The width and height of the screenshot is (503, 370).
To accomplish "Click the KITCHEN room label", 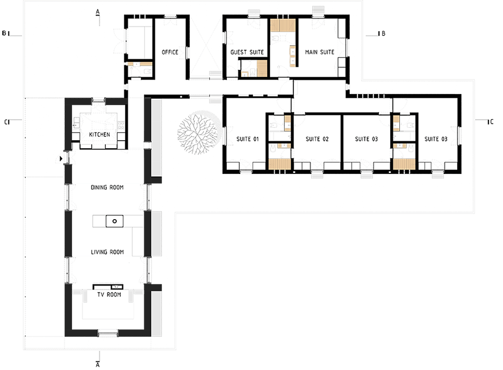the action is point(99,134).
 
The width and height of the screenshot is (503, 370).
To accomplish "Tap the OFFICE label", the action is point(170,52).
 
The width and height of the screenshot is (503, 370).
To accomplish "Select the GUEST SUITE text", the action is point(247,52).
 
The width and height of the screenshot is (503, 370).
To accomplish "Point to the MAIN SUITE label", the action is point(320,52).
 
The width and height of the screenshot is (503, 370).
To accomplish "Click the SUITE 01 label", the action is point(247,139).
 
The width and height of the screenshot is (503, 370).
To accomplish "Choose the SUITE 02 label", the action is point(317,139).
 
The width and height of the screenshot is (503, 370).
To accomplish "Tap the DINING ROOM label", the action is point(107,187).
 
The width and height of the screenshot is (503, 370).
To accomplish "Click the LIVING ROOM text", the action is point(107,252).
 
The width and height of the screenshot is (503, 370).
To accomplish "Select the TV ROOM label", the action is point(110,294).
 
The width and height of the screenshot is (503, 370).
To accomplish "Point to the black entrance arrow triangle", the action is point(61,158).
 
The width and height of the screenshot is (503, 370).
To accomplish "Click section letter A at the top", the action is point(98,12).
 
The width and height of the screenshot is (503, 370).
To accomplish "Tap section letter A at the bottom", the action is point(98,365).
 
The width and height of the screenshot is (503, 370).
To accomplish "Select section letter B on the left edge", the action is point(4,33).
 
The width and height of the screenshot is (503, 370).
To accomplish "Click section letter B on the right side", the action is point(383,33).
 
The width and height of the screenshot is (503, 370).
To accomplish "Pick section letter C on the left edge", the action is point(6,122).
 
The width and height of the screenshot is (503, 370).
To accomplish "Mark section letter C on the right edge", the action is point(491,122).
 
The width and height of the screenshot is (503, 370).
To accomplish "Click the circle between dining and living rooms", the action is point(114,221).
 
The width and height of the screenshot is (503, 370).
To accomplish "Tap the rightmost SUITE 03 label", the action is point(436,139).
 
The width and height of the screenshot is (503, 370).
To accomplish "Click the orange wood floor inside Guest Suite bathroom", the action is point(262,68).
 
